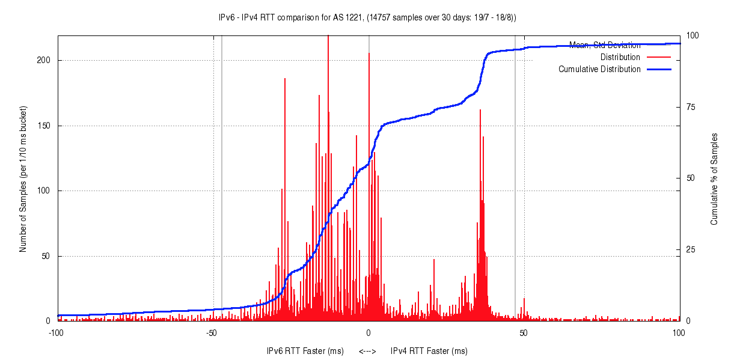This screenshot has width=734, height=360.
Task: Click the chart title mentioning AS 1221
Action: [367, 17]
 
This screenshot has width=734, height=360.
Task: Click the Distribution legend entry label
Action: [620, 57]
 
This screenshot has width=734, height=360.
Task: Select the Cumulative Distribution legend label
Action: [599, 69]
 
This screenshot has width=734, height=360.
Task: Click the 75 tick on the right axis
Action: [691, 107]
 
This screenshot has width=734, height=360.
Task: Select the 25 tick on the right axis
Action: [691, 249]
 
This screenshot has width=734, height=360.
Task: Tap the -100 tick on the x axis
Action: [56, 332]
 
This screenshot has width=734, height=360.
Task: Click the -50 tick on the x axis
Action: [212, 332]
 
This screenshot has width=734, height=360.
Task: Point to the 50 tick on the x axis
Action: [524, 332]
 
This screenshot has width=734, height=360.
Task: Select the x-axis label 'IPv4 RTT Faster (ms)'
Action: [429, 351]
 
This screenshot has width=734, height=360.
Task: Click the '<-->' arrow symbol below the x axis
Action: [367, 351]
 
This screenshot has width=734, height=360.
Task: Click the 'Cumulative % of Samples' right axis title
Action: [714, 179]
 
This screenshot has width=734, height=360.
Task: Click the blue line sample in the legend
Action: [658, 69]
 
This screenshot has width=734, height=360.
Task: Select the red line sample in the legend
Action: [658, 57]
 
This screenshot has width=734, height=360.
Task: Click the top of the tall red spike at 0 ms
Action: [369, 53]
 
